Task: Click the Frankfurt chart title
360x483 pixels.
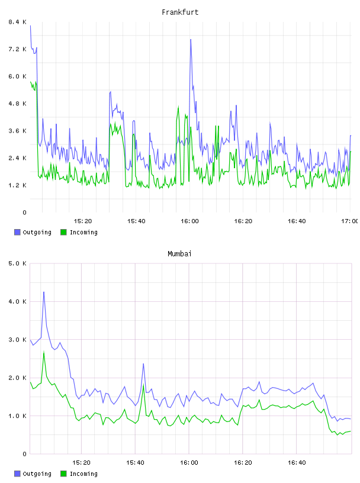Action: click(x=180, y=12)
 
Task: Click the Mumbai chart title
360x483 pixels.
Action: click(x=179, y=254)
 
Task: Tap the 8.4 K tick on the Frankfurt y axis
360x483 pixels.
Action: click(x=17, y=22)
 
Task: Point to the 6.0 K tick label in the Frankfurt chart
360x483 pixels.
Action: click(x=17, y=76)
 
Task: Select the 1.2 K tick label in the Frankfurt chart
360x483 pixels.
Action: click(x=17, y=185)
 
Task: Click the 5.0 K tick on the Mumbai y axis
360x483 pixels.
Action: click(x=17, y=263)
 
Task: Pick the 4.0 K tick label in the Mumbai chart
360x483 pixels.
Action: click(x=17, y=301)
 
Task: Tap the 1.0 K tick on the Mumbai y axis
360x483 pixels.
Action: click(x=17, y=416)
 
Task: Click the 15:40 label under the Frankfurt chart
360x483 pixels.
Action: click(x=136, y=221)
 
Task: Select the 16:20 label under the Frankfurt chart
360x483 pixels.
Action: click(x=243, y=221)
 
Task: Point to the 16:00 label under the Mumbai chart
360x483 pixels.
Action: click(x=189, y=462)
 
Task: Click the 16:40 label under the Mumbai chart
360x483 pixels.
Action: click(x=297, y=462)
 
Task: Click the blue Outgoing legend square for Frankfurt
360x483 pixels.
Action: click(x=17, y=232)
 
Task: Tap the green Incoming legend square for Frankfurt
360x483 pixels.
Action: click(x=63, y=232)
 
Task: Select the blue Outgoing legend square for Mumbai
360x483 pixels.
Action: click(x=17, y=474)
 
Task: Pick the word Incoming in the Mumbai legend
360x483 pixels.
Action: click(x=83, y=474)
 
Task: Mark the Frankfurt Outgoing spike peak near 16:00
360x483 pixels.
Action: click(x=191, y=40)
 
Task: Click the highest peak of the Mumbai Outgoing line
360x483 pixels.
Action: click(x=44, y=292)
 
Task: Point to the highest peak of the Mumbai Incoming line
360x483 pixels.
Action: click(x=44, y=352)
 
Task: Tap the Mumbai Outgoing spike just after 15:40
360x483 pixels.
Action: click(x=143, y=364)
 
